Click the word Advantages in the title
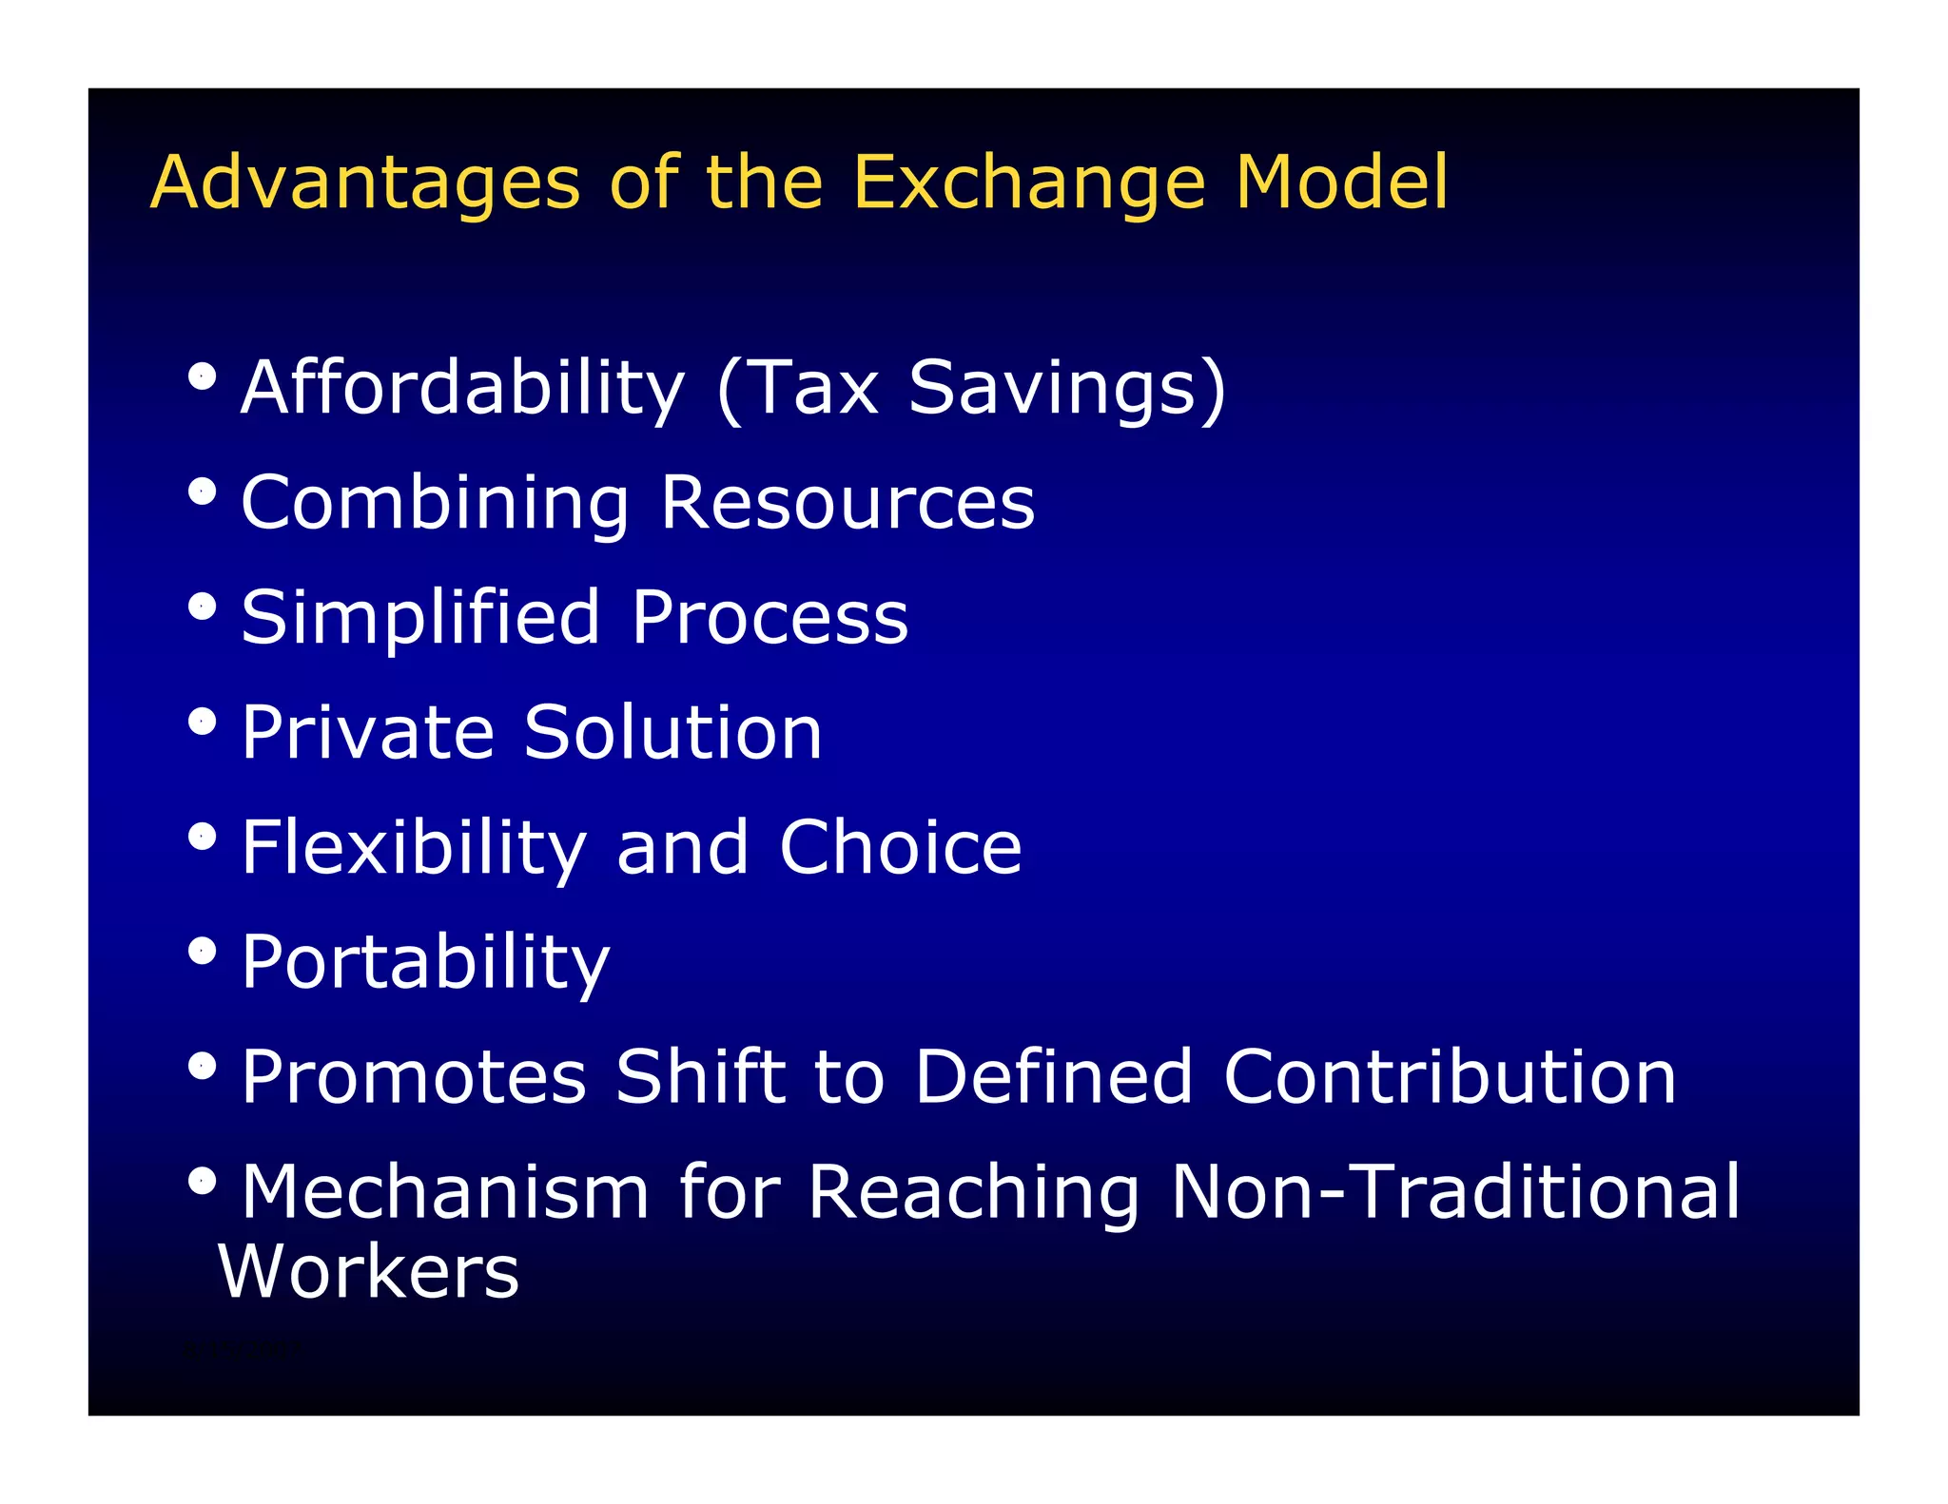(365, 183)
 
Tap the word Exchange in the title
(1028, 183)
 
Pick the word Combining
(435, 503)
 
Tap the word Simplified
(420, 618)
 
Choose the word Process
(769, 618)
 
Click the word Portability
(425, 962)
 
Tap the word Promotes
(414, 1077)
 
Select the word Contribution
(1450, 1077)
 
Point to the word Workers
(369, 1271)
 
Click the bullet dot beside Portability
(202, 951)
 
